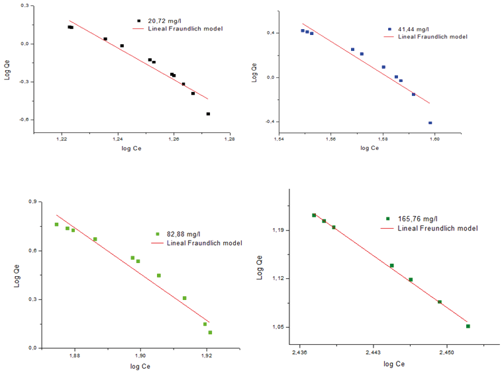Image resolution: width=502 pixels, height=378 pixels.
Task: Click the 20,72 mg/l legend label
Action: click(x=166, y=21)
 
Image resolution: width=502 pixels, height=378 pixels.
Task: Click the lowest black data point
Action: click(x=208, y=114)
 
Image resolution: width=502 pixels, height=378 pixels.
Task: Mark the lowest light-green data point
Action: click(x=210, y=332)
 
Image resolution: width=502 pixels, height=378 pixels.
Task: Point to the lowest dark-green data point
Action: click(x=468, y=326)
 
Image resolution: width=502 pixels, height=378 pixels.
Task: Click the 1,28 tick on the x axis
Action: click(x=229, y=139)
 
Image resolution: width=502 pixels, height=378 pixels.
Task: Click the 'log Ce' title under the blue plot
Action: click(x=370, y=148)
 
